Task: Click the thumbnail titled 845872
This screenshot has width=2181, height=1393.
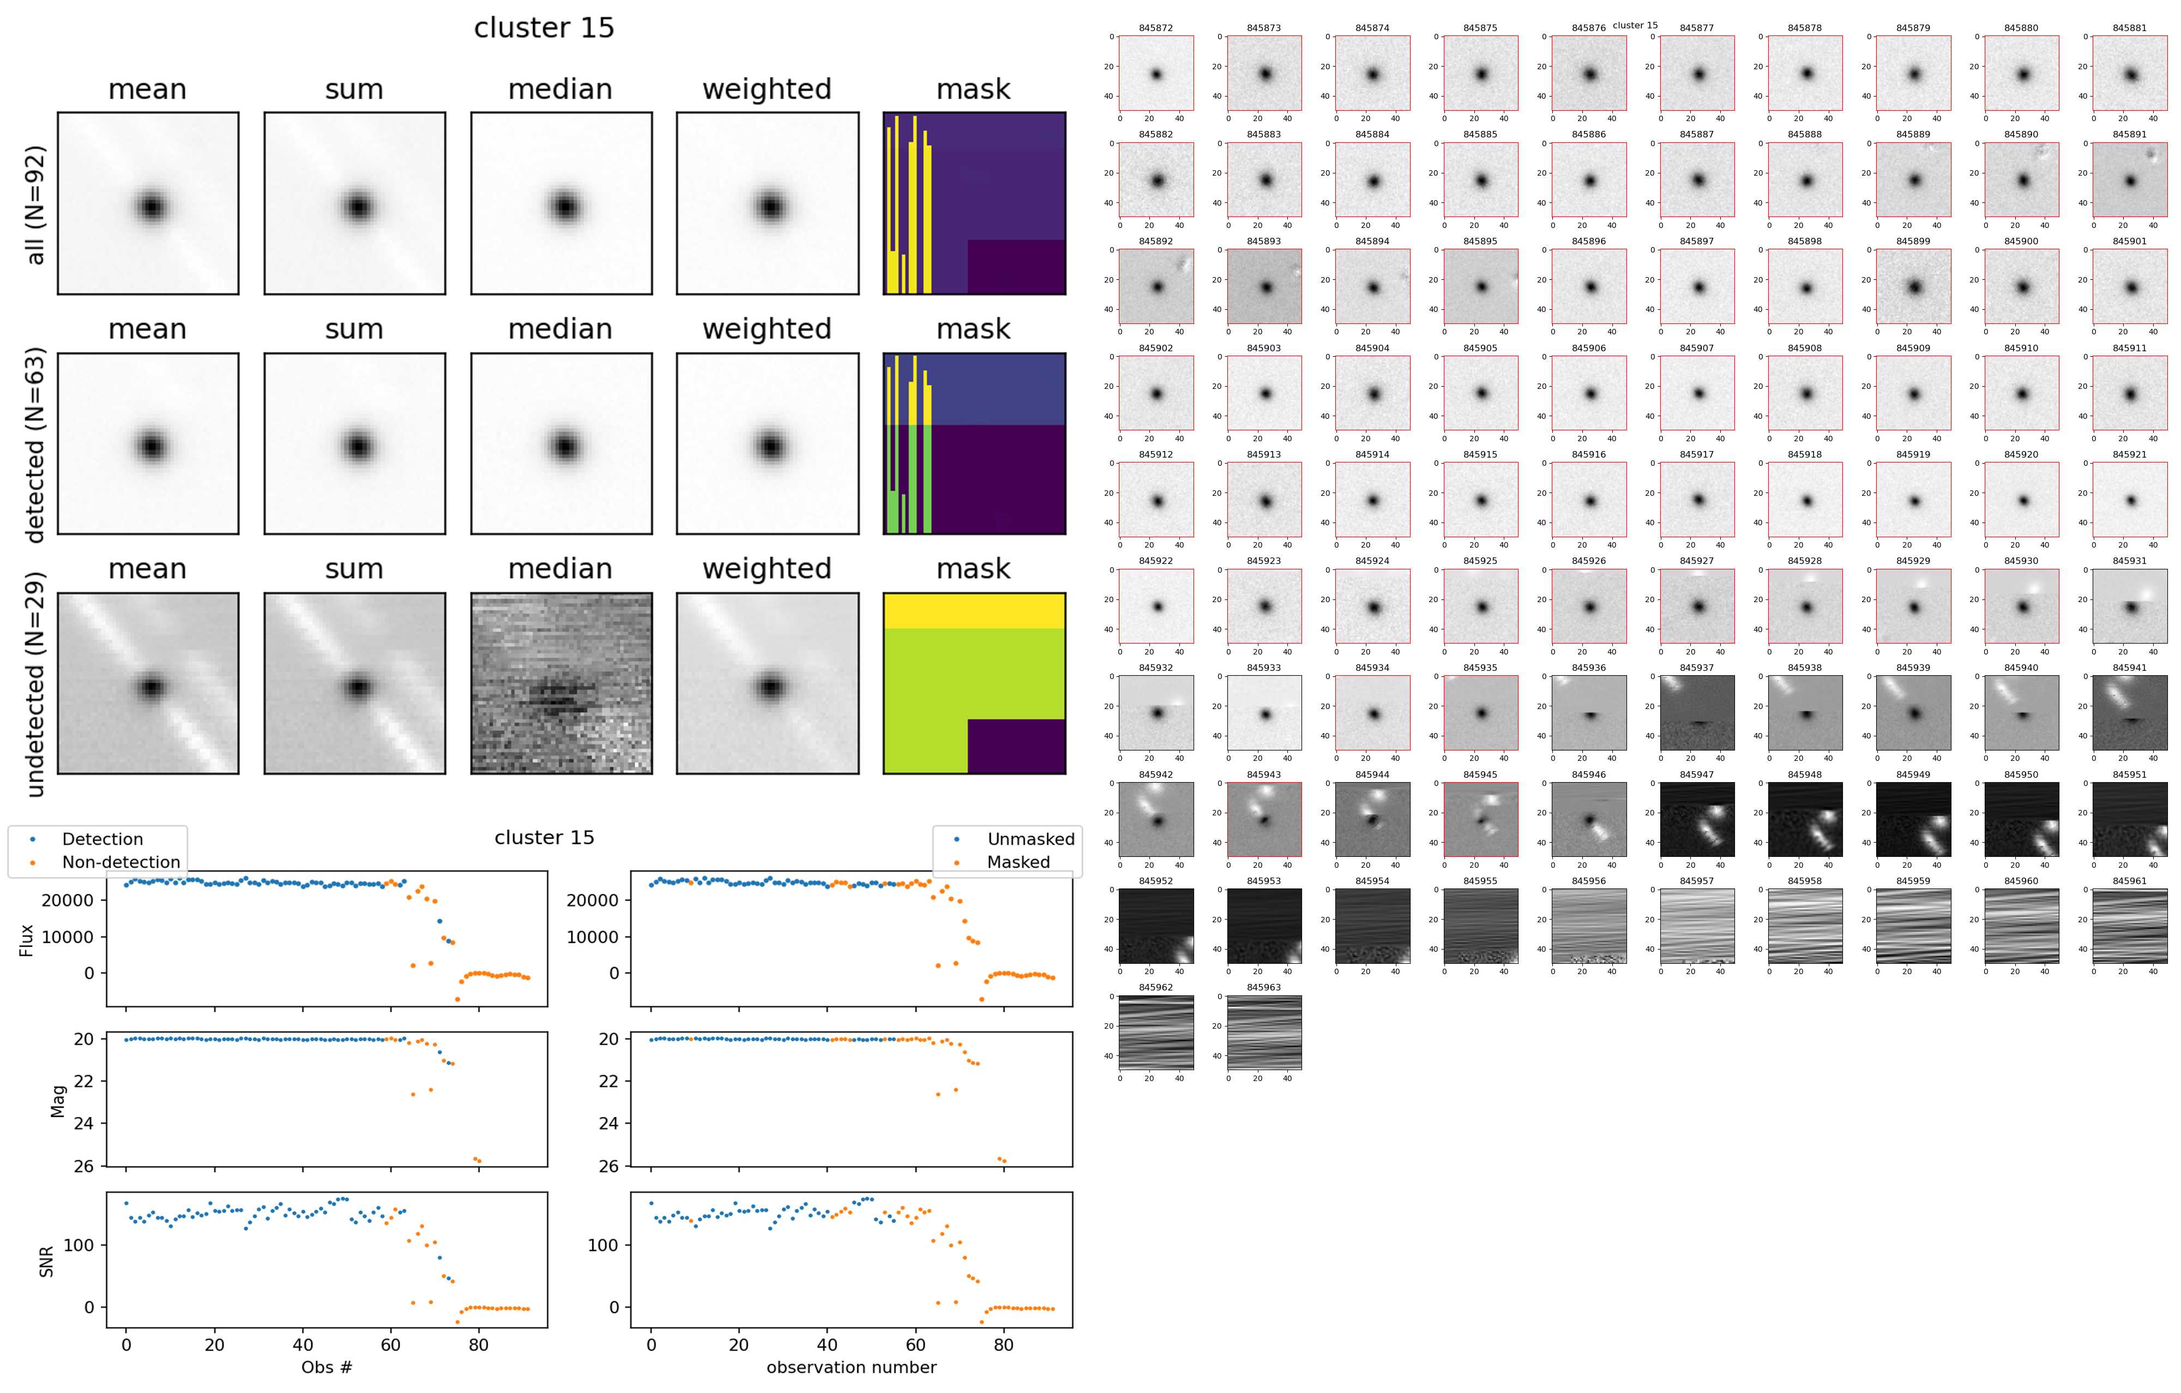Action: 1156,74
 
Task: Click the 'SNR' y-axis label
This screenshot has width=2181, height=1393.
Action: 46,1262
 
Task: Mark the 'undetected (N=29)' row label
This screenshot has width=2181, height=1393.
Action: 35,684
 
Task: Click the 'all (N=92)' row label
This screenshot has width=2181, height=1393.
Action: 35,205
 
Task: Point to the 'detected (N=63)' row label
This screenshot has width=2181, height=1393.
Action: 35,445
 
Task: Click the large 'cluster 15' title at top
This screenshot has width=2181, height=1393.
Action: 544,28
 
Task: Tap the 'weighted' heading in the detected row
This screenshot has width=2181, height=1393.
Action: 766,329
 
